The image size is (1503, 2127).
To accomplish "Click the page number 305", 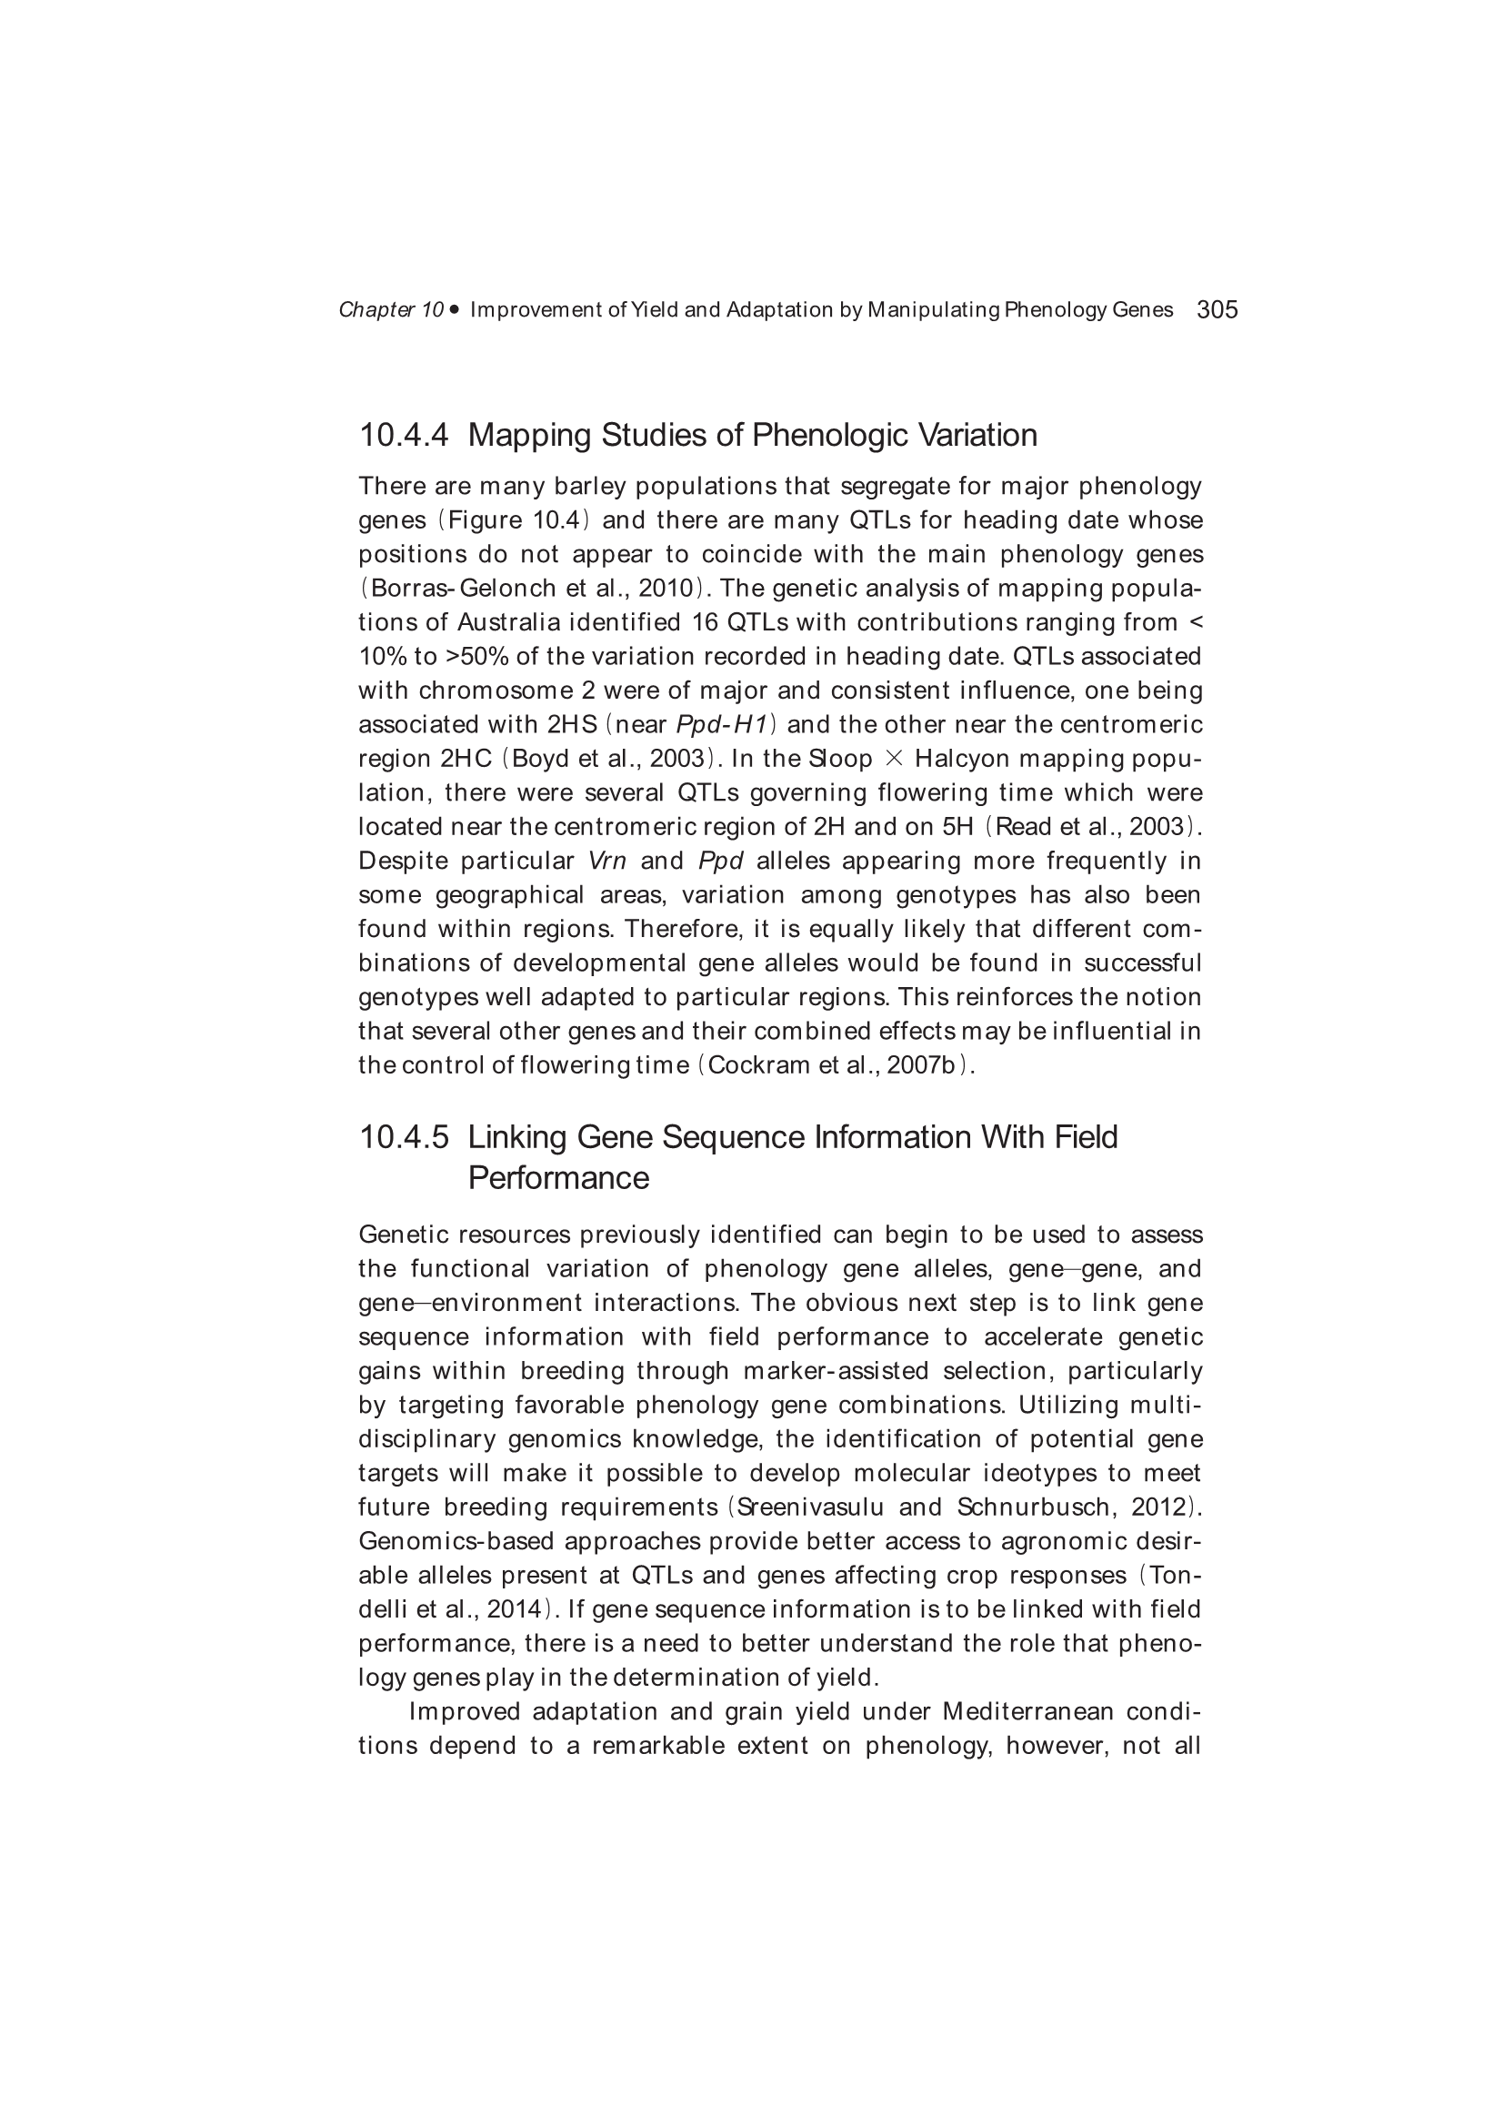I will point(1217,309).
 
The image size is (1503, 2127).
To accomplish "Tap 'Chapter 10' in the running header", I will point(391,309).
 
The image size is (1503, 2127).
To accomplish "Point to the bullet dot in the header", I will point(455,309).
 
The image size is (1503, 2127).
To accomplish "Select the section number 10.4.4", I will point(404,435).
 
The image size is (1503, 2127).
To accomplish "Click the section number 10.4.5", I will point(404,1136).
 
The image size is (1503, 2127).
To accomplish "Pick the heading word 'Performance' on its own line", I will point(558,1177).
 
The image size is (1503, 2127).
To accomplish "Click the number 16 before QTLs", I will point(706,622).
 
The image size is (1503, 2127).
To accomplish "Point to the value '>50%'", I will point(477,657).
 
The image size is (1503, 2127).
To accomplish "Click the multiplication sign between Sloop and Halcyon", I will point(894,759).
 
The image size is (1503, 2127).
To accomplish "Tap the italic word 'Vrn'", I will point(607,861).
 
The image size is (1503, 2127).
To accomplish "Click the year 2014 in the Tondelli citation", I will point(514,1609).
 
